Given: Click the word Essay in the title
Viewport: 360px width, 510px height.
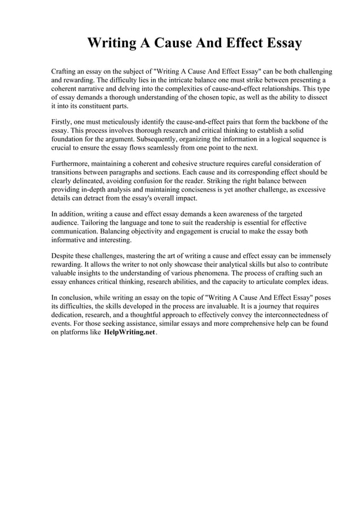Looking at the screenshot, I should coord(277,43).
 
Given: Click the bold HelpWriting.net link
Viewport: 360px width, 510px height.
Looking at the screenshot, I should coord(130,333).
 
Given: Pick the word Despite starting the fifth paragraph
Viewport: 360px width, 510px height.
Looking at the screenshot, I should coord(64,255).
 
